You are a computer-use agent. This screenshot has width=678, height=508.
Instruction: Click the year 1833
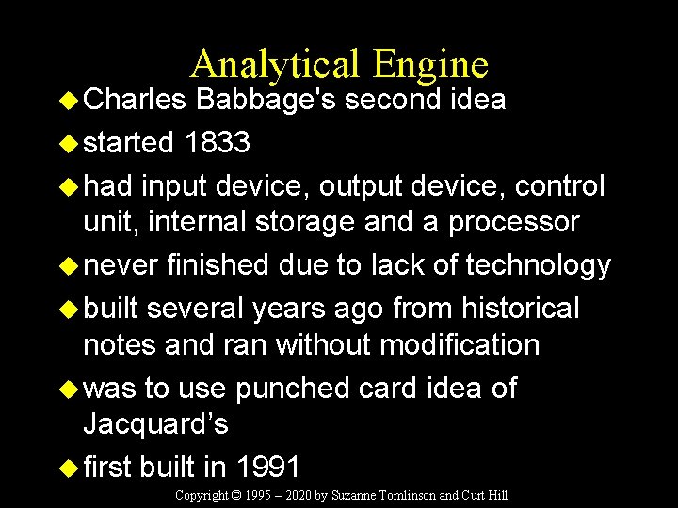pyautogui.click(x=218, y=142)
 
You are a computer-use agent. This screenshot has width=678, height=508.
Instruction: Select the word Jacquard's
pyautogui.click(x=155, y=423)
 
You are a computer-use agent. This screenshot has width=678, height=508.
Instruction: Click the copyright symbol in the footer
pyautogui.click(x=239, y=496)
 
